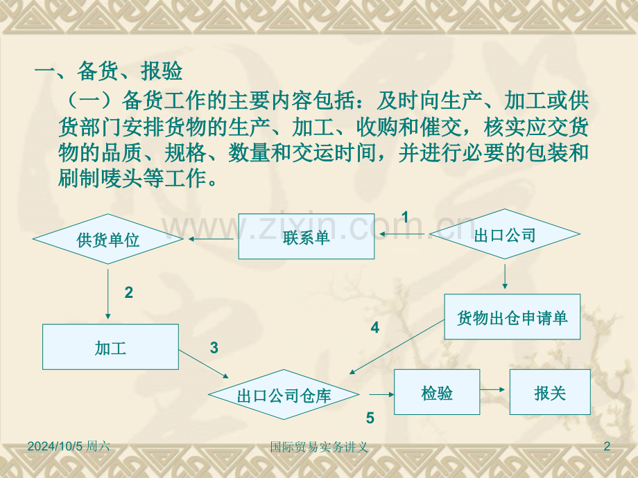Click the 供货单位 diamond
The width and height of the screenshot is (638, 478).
107,240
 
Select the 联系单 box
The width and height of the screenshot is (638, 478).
306,236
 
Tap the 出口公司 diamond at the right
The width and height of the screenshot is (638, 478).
505,235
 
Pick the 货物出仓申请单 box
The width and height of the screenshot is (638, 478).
512,317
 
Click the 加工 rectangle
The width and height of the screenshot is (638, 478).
110,347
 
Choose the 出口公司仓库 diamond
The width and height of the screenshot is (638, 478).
284,396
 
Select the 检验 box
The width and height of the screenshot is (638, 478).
437,392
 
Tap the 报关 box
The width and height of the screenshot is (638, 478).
550,392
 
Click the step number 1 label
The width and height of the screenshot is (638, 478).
405,218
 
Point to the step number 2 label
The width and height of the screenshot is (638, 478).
128,293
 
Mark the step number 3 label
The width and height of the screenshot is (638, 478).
214,348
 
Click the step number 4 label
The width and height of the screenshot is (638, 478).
375,328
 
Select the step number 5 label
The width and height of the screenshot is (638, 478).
370,418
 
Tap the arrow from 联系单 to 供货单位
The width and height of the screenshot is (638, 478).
211,240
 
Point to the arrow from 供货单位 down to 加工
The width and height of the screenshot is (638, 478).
108,292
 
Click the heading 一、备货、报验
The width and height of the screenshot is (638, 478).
108,71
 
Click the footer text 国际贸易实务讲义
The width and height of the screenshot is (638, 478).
318,448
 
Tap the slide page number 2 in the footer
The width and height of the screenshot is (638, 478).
607,447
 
